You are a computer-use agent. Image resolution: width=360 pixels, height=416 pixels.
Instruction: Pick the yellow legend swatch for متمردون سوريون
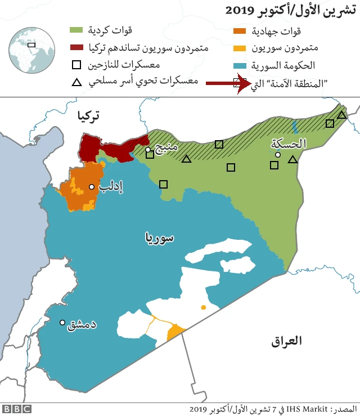pos(240,48)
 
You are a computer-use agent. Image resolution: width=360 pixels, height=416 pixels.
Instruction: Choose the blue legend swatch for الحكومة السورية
pos(240,66)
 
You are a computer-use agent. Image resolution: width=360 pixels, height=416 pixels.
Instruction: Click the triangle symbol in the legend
pos(78,83)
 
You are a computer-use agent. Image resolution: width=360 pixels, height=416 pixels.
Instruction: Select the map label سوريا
pos(160,238)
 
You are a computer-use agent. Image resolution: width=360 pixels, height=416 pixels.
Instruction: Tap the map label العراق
pos(286,341)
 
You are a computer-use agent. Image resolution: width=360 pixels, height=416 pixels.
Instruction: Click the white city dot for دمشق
pos(62,323)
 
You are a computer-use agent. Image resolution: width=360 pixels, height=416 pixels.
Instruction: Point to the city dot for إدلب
pos(91,187)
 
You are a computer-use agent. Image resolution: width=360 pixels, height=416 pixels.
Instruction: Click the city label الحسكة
pos(289,144)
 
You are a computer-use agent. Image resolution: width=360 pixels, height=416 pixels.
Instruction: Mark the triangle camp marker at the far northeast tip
pos(341,115)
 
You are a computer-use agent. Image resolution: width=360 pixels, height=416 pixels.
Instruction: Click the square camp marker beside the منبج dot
pos(150,155)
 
